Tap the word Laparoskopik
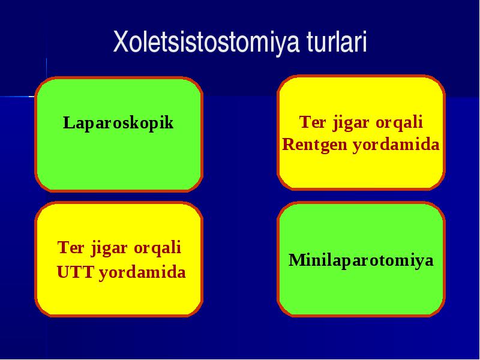118,124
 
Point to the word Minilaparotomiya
361,260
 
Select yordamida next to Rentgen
396,145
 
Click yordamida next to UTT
142,272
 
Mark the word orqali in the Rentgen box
399,123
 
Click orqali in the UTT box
157,248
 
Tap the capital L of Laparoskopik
69,122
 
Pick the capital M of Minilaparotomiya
298,260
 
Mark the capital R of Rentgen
289,145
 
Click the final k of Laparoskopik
169,122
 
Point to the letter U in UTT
63,272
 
